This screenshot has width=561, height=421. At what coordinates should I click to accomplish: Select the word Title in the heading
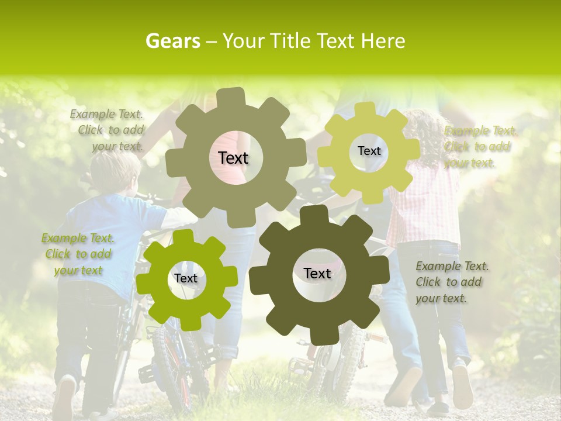(288, 41)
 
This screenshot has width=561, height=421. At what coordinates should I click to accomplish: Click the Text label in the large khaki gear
(233, 158)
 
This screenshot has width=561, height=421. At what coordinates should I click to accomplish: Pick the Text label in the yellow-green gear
(369, 151)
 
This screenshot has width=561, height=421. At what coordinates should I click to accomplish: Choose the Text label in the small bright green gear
(186, 278)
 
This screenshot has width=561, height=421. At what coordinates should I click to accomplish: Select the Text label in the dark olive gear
(317, 273)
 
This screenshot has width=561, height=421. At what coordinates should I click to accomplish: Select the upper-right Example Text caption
(480, 146)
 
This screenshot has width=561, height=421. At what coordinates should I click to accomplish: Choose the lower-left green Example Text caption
(78, 254)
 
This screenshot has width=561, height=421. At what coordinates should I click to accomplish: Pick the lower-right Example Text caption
(451, 282)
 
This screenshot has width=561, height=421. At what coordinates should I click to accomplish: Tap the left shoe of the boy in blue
(64, 398)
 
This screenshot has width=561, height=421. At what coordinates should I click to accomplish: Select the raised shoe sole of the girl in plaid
(462, 386)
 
